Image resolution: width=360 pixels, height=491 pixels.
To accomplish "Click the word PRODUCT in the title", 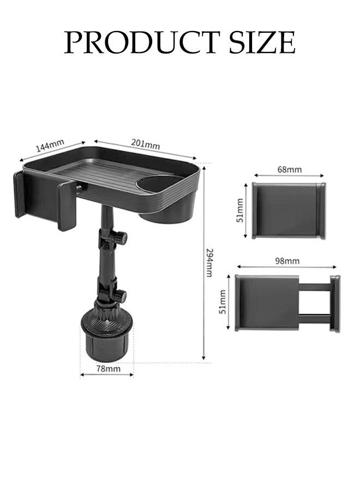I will pyautogui.click(x=139, y=43).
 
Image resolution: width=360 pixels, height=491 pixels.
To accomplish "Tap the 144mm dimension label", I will pyautogui.click(x=50, y=147).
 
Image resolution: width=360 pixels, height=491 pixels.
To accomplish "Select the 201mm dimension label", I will pyautogui.click(x=145, y=144).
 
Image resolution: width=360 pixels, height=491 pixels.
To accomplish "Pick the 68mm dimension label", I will pyautogui.click(x=289, y=170).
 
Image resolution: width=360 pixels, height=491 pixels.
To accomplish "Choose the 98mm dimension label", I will pyautogui.click(x=287, y=261).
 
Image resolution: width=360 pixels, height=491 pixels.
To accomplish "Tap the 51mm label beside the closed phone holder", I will pyautogui.click(x=239, y=211).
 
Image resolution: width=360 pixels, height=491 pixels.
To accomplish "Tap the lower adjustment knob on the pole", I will pyautogui.click(x=119, y=296).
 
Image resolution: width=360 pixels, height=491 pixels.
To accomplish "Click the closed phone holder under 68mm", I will pyautogui.click(x=289, y=211).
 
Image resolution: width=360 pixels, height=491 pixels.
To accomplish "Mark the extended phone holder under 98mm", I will pyautogui.click(x=287, y=303).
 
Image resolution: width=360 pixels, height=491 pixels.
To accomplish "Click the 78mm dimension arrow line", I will pyautogui.click(x=107, y=375).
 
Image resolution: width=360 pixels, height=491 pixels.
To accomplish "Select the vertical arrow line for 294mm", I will pyautogui.click(x=203, y=262).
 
